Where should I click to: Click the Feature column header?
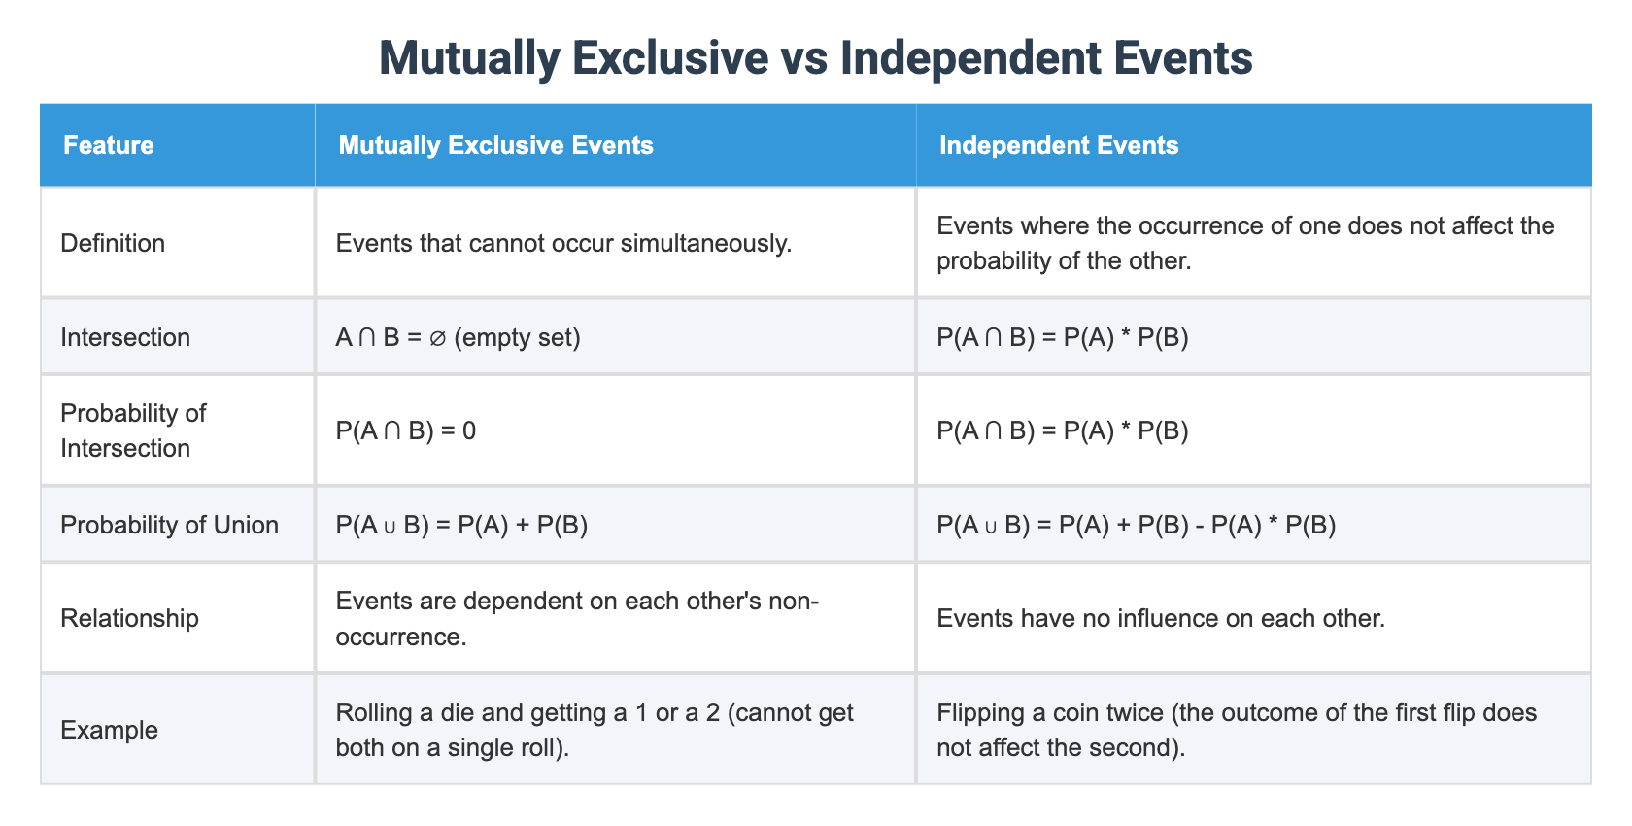[109, 145]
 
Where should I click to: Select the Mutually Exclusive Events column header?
[495, 145]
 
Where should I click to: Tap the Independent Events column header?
[1059, 145]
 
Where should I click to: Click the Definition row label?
[113, 243]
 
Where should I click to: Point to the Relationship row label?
[129, 618]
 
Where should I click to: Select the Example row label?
[109, 730]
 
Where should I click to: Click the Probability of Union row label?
[169, 525]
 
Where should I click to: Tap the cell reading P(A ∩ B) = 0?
[406, 430]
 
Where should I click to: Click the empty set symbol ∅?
[437, 338]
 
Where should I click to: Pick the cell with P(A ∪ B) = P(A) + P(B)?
[461, 525]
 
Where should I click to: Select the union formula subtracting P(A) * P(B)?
[1137, 525]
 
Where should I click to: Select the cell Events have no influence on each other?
[1161, 618]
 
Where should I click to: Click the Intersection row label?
[125, 337]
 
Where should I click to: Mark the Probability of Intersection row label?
[133, 430]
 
